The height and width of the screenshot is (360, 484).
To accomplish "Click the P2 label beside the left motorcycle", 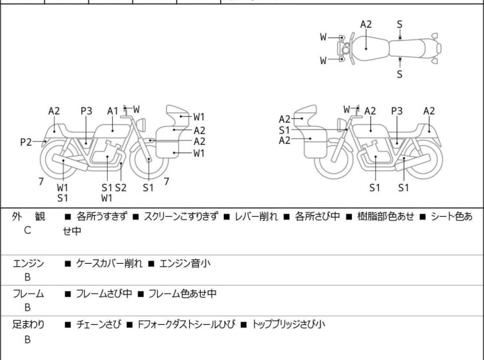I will click(26, 142).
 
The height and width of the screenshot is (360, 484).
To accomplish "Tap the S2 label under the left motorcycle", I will click(121, 187).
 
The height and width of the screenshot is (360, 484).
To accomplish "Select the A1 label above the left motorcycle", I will click(113, 110).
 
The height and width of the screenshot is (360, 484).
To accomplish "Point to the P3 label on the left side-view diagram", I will click(87, 110).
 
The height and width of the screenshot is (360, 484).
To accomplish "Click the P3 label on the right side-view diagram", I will click(397, 110).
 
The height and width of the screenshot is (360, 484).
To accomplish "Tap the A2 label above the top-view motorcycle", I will click(365, 24).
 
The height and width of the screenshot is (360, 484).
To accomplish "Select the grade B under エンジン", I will click(28, 277).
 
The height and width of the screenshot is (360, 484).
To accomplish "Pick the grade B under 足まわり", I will click(28, 339).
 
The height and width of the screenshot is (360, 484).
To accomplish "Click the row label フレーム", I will click(28, 294).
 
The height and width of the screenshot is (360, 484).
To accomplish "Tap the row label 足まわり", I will click(28, 324).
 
